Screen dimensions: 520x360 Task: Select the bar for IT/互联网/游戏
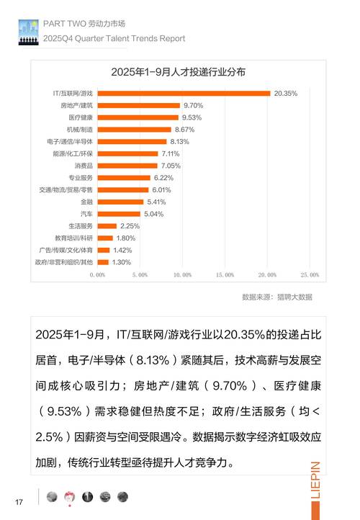click(x=183, y=93)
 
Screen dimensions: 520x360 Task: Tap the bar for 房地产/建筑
click(x=138, y=105)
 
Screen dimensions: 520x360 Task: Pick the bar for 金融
click(x=120, y=202)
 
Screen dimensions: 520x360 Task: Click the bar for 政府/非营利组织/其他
click(x=102, y=262)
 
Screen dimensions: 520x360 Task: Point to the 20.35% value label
click(x=286, y=93)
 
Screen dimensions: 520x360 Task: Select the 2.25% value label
click(x=130, y=226)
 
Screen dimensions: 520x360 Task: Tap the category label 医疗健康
click(x=80, y=117)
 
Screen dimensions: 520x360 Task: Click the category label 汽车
click(x=86, y=214)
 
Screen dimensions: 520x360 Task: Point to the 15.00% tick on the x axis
click(x=225, y=275)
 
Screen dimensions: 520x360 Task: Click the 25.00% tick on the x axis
click(x=310, y=275)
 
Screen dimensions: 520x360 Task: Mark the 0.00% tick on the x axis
click(x=97, y=275)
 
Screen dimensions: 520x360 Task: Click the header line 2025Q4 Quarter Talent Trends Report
click(x=114, y=38)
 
